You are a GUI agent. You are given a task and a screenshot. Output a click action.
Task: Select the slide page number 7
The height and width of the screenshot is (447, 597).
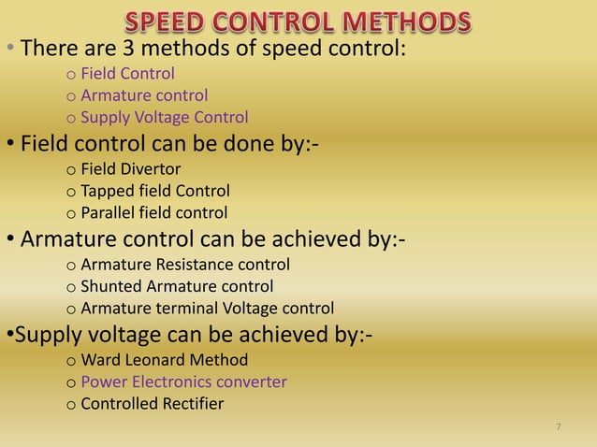click(x=559, y=427)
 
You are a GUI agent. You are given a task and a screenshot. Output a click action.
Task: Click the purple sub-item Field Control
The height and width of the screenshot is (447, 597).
click(x=128, y=73)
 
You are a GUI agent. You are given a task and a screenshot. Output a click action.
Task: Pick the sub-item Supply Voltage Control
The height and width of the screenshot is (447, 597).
click(x=165, y=118)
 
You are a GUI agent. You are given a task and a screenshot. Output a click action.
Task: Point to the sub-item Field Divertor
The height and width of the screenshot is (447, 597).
click(x=131, y=170)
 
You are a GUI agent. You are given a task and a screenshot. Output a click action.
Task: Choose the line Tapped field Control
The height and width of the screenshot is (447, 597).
click(x=155, y=193)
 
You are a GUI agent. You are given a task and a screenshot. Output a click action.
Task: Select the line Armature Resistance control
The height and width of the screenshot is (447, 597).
click(x=185, y=265)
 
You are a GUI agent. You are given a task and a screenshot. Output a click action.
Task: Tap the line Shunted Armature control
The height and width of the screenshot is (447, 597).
click(x=177, y=286)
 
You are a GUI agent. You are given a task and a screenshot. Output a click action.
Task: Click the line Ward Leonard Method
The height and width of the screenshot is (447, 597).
click(x=165, y=359)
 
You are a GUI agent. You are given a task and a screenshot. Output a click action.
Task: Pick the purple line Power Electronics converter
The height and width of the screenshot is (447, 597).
click(x=183, y=382)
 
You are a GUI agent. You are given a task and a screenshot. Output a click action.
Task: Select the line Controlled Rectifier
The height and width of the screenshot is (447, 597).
click(x=153, y=404)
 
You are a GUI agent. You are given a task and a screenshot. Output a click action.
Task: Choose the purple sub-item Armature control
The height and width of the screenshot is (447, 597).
click(x=144, y=95)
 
